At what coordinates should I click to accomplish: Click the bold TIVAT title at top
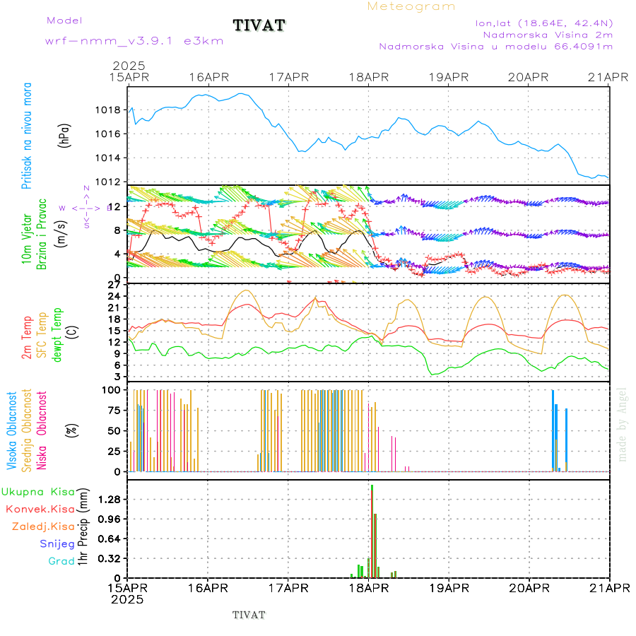tap(259, 25)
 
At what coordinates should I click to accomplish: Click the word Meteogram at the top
tap(411, 6)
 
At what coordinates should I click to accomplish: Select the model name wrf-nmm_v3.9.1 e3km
tap(134, 41)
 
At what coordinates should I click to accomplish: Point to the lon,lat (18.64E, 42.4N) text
tap(543, 23)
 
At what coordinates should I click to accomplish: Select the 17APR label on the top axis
tap(288, 76)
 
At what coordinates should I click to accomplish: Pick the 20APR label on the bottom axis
tap(529, 588)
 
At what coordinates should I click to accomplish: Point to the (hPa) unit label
tap(64, 134)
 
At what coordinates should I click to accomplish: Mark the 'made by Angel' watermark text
tap(623, 424)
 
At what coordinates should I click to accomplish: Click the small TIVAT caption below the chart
tap(249, 615)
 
